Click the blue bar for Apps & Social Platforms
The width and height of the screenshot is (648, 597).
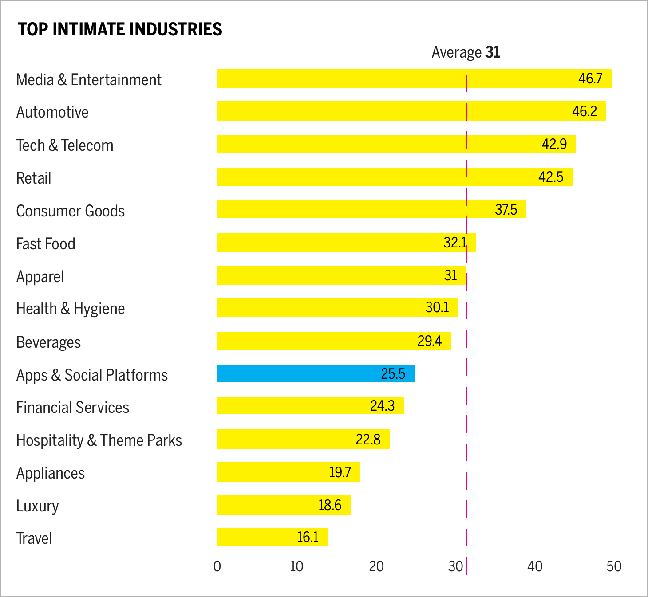click(x=316, y=373)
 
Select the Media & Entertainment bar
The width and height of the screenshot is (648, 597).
click(x=414, y=79)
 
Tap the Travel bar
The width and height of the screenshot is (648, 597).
click(x=272, y=537)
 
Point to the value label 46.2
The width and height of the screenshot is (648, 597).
click(x=584, y=111)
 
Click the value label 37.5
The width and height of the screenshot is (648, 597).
click(x=506, y=209)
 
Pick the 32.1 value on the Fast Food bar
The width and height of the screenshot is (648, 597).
click(x=455, y=243)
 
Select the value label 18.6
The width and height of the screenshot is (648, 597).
click(x=330, y=505)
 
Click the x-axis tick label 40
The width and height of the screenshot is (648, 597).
click(x=535, y=566)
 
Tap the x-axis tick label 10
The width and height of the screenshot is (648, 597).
click(x=296, y=566)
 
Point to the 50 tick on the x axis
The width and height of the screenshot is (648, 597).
click(x=614, y=566)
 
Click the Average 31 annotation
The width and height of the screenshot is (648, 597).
click(x=466, y=52)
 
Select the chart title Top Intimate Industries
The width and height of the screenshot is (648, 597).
click(x=120, y=29)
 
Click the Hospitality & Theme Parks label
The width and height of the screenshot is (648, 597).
click(x=99, y=440)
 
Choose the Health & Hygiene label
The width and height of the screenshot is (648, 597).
click(x=71, y=309)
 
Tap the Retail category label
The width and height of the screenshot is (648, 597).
click(x=34, y=178)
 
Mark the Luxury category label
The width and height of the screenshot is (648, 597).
click(x=38, y=506)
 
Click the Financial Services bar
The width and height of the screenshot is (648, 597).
click(x=310, y=406)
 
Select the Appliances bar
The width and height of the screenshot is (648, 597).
click(x=288, y=472)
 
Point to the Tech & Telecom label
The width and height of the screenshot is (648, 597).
click(x=65, y=145)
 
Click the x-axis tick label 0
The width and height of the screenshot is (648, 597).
click(x=217, y=566)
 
